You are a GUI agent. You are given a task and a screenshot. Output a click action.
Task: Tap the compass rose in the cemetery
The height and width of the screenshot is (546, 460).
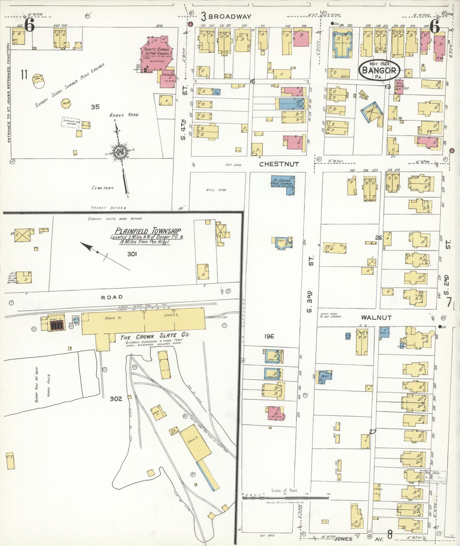click(121, 152)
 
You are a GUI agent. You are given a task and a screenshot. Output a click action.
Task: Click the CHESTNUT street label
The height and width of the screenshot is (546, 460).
click(279, 164)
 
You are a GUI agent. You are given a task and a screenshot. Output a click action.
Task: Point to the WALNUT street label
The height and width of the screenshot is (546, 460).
click(376, 317)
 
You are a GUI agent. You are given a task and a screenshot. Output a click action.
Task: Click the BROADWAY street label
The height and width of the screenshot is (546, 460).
click(230, 17)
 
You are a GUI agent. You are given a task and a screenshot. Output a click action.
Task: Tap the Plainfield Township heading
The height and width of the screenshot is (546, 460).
click(148, 231)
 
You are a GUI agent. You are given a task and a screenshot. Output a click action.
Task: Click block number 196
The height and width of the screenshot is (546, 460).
click(269, 336)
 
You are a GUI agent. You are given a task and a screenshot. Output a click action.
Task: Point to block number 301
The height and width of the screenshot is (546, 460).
click(132, 254)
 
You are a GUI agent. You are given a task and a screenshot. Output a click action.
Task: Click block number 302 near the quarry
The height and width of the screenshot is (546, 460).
click(116, 399)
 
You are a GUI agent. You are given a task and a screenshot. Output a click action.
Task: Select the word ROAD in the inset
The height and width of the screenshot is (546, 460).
click(112, 297)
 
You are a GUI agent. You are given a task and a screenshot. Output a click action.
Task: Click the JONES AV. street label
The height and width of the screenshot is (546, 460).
click(358, 539)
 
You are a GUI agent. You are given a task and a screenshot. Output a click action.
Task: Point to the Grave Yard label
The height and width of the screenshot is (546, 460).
click(124, 115)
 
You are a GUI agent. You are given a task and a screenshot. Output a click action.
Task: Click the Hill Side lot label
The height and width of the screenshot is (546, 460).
click(216, 190)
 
